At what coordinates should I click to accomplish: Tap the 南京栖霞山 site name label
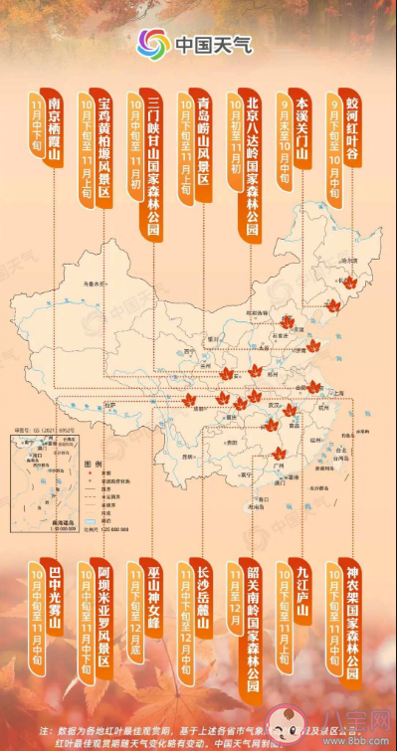[56, 138]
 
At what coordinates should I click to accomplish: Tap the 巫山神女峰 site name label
[153, 603]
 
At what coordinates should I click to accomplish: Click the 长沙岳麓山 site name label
[202, 603]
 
